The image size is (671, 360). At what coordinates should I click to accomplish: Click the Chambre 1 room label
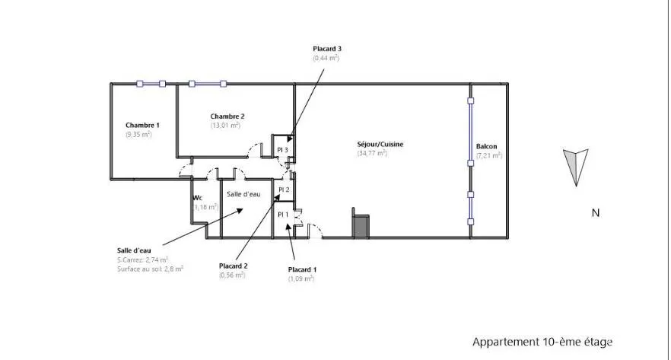142,125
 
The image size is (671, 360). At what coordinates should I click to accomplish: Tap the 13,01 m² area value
225,126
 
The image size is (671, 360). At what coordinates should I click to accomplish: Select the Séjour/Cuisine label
380,145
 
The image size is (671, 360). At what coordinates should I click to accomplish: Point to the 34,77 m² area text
372,153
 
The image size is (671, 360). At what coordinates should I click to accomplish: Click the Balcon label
487,146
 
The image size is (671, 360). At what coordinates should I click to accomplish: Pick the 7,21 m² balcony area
489,155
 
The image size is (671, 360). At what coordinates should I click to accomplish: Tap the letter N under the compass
595,213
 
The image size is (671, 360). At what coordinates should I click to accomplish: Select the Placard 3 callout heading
327,49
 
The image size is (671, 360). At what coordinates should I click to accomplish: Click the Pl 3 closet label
282,150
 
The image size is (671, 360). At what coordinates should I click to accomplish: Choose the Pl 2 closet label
284,190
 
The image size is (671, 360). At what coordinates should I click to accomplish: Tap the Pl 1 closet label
283,215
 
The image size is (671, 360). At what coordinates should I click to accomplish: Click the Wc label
197,198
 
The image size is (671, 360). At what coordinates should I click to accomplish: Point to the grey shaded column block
361,227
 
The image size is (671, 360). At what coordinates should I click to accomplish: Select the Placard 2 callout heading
234,266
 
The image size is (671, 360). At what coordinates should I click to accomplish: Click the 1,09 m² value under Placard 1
301,279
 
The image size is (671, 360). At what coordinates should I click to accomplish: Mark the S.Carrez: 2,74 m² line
142,260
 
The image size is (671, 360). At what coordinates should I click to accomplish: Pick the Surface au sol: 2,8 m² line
150,269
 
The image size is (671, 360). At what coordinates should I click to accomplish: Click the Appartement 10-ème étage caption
542,342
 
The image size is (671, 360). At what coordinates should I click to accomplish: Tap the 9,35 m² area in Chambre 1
138,135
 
